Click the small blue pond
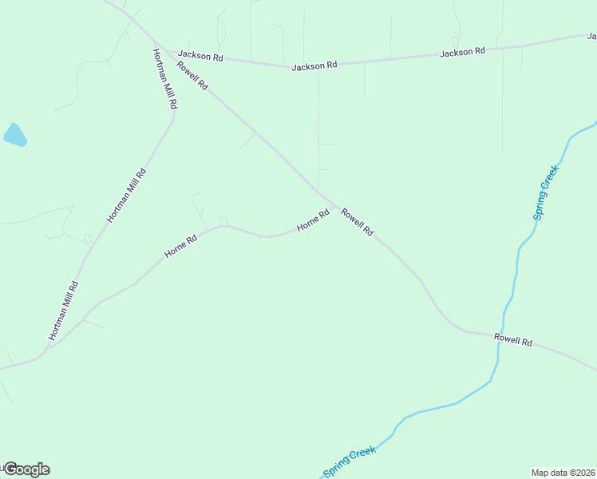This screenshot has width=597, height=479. pyautogui.click(x=14, y=135)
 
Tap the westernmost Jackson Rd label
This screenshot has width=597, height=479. pyautogui.click(x=200, y=56)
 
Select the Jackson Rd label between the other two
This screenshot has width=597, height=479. pyautogui.click(x=314, y=66)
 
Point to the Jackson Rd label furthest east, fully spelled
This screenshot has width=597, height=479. pyautogui.click(x=462, y=52)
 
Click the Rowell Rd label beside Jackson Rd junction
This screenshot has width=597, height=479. pyautogui.click(x=192, y=76)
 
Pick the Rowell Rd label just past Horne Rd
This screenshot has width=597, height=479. pyautogui.click(x=357, y=221)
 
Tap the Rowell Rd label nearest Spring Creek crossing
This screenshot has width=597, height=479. pyautogui.click(x=512, y=340)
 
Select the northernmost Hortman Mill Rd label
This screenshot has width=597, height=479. pyautogui.click(x=165, y=78)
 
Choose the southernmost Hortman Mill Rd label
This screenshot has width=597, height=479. pyautogui.click(x=63, y=311)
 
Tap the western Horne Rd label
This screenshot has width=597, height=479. pyautogui.click(x=180, y=246)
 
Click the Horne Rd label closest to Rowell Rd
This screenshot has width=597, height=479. pyautogui.click(x=313, y=221)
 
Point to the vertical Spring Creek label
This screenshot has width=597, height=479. pyautogui.click(x=546, y=192)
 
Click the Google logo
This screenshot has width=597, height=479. pyautogui.click(x=26, y=469)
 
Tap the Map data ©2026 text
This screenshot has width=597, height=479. pyautogui.click(x=563, y=473)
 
